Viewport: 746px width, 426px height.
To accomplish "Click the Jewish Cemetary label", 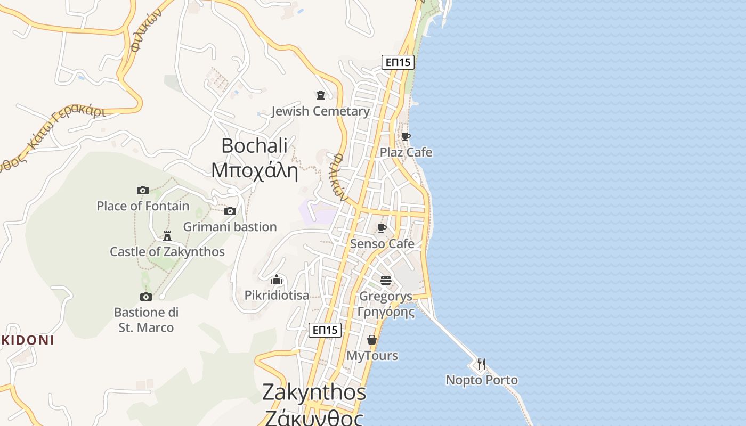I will (320, 111).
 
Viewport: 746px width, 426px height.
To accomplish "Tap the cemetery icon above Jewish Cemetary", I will (320, 95).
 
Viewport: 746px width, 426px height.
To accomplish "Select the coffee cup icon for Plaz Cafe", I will (406, 136).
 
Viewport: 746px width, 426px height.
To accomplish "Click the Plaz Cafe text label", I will (406, 153).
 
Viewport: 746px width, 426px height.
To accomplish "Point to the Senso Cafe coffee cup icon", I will (382, 228).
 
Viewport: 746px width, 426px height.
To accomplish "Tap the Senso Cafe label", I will (382, 244).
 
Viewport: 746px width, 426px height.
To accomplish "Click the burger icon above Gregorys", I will (386, 280).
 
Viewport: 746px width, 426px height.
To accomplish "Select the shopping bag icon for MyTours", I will (372, 339).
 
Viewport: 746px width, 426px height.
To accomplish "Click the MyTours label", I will (372, 356).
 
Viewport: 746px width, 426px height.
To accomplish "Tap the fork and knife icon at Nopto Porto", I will (482, 364).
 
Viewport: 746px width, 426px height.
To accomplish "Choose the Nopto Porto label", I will (482, 380).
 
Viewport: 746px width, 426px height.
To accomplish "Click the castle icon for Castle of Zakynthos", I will (167, 235).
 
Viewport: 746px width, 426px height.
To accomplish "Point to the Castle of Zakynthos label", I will (167, 251).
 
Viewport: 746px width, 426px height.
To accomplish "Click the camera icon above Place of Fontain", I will (142, 190).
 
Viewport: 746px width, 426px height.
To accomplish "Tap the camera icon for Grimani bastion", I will (230, 211).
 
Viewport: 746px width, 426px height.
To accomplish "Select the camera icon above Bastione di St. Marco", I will (146, 297).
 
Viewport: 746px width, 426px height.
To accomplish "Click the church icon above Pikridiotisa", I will (276, 280).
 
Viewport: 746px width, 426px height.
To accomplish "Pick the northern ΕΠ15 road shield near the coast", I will (398, 62).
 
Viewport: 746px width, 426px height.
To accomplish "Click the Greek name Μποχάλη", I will (255, 170).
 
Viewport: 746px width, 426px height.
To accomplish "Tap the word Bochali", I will (255, 145).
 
